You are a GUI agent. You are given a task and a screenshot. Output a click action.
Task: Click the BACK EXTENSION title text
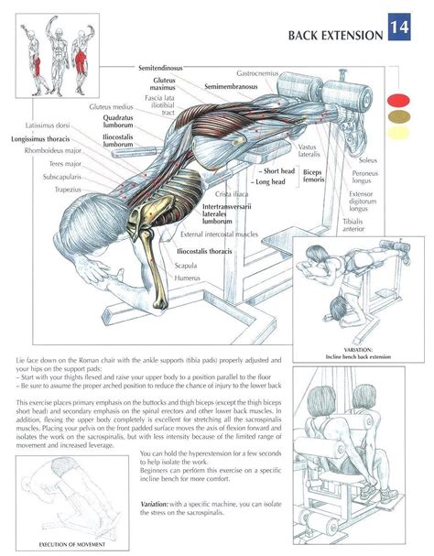tap(336, 35)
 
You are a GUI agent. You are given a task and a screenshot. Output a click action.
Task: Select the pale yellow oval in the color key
tap(399, 134)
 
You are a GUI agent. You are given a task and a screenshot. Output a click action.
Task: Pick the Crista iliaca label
tap(233, 194)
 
